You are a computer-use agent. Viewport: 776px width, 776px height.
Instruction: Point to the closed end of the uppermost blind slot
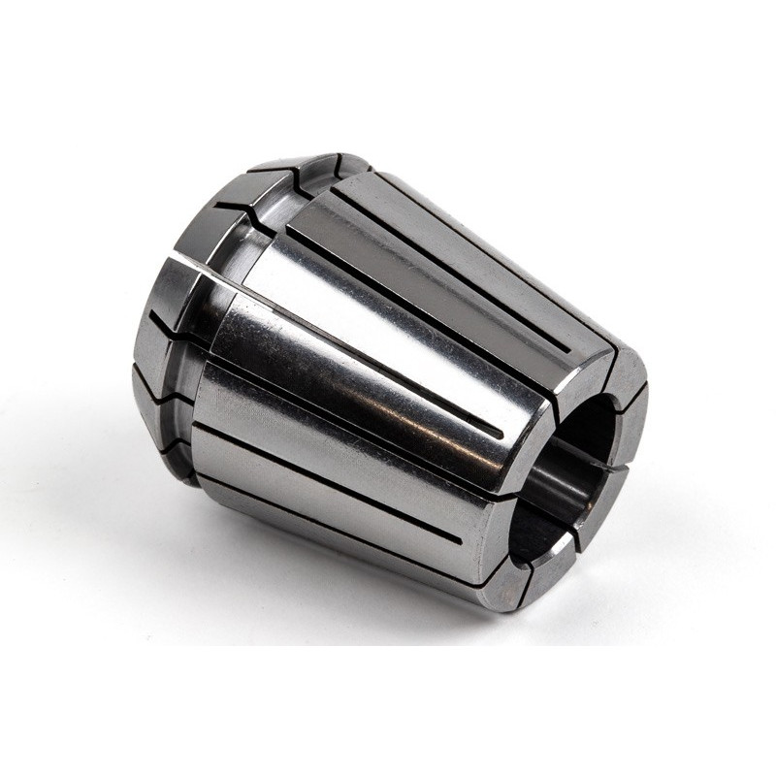(563, 349)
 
